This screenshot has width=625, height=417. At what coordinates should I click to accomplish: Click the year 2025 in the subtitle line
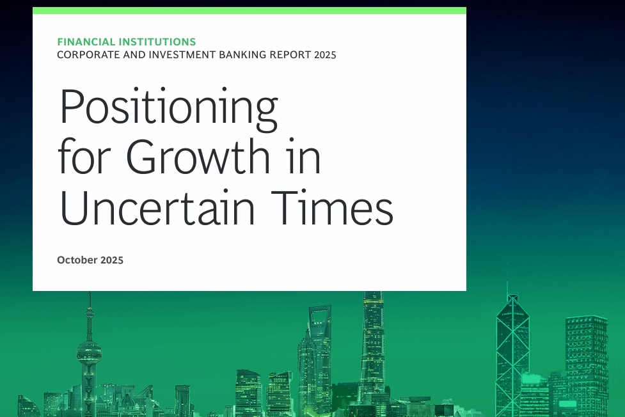(x=325, y=55)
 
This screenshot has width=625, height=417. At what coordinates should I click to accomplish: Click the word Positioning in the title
(x=169, y=109)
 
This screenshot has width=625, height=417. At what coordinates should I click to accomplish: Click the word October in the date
(x=77, y=260)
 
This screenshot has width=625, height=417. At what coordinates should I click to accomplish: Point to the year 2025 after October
(x=111, y=260)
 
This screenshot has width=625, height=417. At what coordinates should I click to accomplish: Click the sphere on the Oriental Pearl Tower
(x=89, y=352)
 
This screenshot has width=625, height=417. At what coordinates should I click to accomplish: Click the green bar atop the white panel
(x=249, y=10)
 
